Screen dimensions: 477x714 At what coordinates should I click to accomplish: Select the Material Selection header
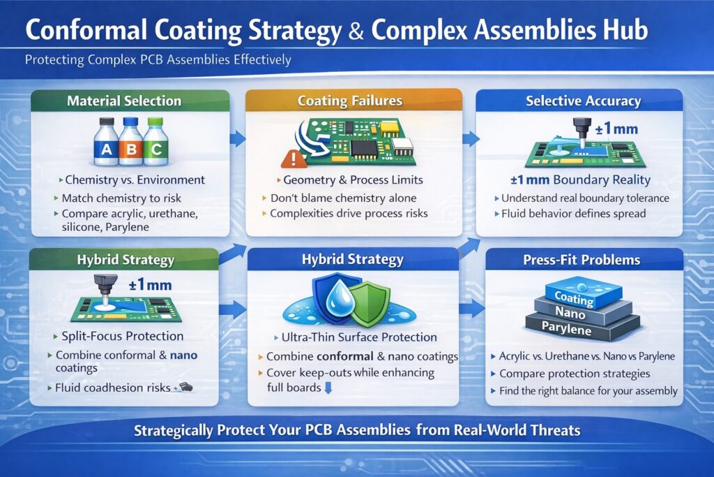tap(124, 101)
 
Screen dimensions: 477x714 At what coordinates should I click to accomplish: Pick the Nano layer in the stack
tap(572, 313)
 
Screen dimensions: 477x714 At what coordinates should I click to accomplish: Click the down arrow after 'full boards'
tap(326, 388)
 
